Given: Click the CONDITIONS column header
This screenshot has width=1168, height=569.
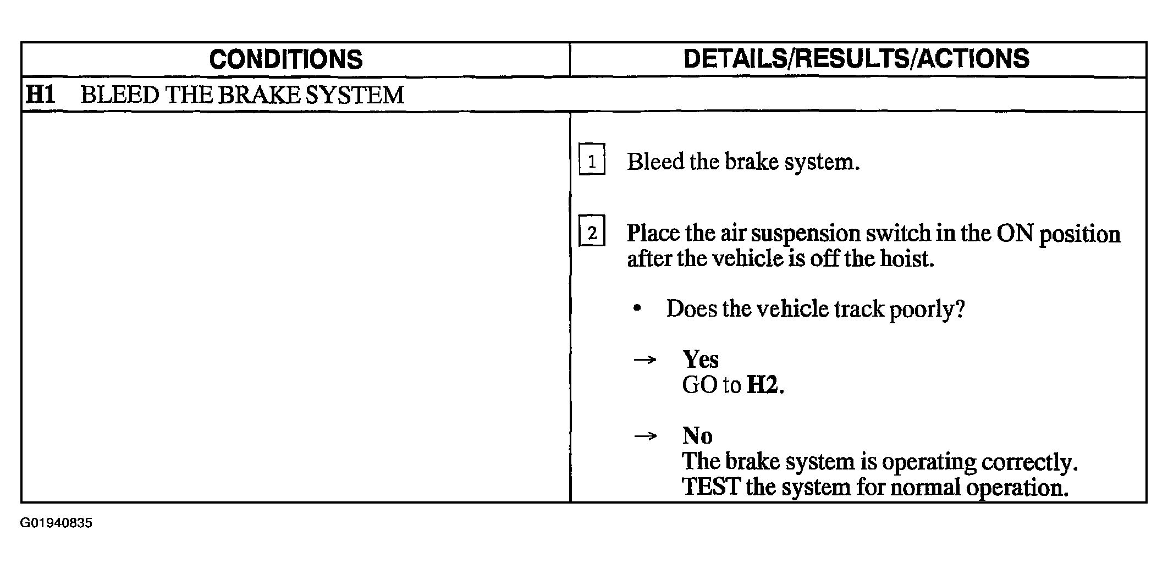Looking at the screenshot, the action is pos(286,59).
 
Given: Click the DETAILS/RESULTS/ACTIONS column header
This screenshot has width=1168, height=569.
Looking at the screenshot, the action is pos(856,59).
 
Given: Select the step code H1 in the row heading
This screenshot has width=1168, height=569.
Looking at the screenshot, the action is pos(41,95).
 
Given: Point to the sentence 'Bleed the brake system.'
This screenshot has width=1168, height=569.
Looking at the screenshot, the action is pos(743,162).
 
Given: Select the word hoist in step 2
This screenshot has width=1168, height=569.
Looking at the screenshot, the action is pos(907,258).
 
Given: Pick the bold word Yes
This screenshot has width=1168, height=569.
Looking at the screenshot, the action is pos(700,360).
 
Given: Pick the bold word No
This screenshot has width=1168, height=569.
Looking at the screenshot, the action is pos(697,436).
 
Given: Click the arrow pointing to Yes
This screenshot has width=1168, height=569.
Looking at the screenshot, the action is pos(645,360).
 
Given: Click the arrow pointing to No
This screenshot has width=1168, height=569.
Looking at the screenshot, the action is pos(645,437).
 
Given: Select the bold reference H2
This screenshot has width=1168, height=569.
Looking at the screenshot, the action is pos(762,385).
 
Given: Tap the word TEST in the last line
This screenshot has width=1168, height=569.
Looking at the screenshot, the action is pos(711,487).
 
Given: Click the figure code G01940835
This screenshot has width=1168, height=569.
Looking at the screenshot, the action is pos(57,523).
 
